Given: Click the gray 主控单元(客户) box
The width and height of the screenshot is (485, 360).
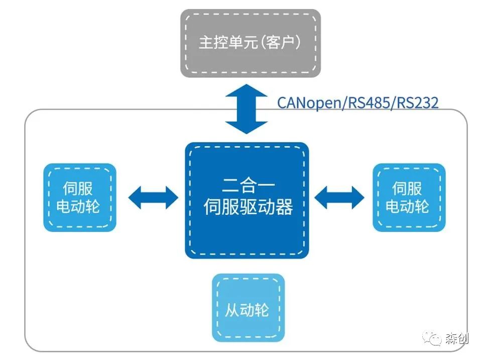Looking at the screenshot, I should pos(250,43).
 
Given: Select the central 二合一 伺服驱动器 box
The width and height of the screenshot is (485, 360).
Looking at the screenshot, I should pos(247,200).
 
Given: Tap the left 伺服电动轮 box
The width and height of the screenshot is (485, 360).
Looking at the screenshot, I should pos(79,197).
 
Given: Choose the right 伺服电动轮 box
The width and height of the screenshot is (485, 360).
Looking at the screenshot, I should pos(409,197).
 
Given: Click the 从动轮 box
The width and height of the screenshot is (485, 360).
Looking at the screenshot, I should pos(248,307).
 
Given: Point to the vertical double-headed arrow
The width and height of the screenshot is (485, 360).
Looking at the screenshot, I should pos(247,109).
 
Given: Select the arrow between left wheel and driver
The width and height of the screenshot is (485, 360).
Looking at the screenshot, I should pos(153,197).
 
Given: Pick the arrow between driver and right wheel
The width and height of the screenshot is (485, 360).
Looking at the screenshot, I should pos(339,197).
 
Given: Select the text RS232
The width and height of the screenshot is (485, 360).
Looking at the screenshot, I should pos(417,102).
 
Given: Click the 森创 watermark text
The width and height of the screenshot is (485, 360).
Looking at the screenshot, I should pos(456,339).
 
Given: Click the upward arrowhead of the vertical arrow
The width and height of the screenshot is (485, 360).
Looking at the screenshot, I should pos(247,92).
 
